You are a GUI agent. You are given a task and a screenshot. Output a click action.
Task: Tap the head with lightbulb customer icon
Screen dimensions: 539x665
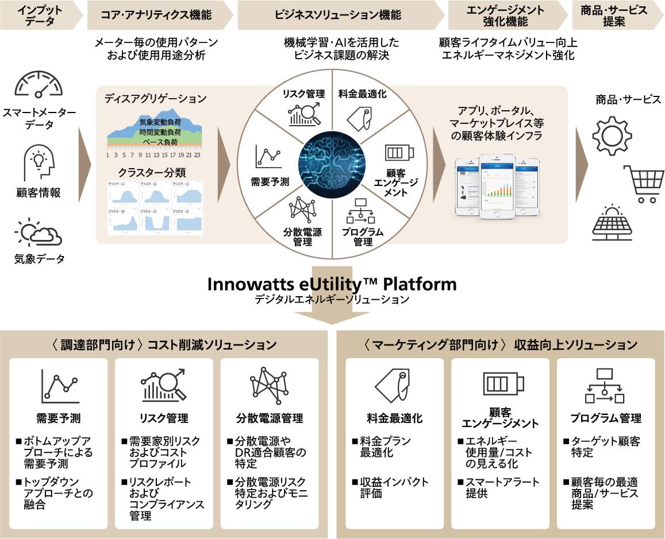point(39,162)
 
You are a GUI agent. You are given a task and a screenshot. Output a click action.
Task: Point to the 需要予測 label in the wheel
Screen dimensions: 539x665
point(270,181)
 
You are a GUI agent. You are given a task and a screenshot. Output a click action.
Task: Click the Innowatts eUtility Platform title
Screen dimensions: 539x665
point(332,284)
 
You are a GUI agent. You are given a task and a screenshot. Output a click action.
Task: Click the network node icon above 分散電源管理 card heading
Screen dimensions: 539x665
point(269,384)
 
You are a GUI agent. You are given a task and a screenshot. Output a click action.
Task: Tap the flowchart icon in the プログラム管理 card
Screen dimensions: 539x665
point(605,385)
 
